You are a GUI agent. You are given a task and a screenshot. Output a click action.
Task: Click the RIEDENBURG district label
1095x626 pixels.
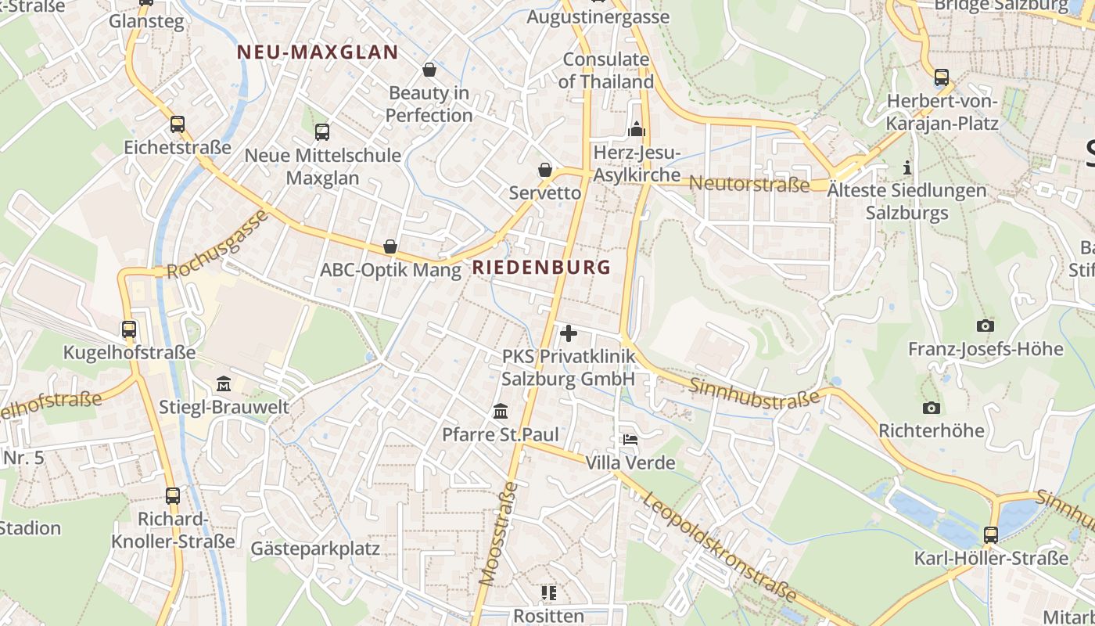tap(541, 267)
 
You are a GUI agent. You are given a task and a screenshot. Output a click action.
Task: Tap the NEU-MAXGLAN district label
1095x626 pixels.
tap(318, 52)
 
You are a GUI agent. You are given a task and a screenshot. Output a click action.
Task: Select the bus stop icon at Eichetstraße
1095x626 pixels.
tap(178, 124)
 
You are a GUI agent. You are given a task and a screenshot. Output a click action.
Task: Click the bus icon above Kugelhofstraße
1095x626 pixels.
tap(129, 329)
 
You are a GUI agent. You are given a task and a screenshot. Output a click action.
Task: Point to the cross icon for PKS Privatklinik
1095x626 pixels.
tap(569, 333)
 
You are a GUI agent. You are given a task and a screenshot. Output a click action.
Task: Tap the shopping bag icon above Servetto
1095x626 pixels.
tap(545, 170)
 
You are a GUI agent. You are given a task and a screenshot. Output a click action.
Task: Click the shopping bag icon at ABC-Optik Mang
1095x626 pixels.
tap(390, 247)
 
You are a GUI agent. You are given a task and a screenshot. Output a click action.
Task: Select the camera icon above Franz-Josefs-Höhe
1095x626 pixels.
tap(985, 326)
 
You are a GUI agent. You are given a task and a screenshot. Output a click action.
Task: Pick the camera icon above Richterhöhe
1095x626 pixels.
tap(931, 408)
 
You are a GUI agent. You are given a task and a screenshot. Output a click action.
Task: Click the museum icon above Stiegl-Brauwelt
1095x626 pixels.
tap(224, 384)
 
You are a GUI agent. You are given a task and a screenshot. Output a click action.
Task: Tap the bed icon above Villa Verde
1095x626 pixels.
tap(630, 440)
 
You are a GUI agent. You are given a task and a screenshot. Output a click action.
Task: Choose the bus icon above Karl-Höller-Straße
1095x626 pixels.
tap(991, 535)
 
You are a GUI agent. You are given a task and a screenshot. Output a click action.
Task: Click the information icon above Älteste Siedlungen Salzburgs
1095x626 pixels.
tap(907, 167)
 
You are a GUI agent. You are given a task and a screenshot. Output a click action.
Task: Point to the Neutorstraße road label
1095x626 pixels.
tap(750, 185)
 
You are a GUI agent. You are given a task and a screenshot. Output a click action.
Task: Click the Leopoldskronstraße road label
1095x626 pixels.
tap(720, 548)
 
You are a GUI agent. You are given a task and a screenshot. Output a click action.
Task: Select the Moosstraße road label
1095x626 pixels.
tap(499, 534)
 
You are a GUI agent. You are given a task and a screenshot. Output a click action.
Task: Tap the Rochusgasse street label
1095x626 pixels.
tap(217, 244)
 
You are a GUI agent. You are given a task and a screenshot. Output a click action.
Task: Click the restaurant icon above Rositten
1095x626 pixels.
tap(548, 593)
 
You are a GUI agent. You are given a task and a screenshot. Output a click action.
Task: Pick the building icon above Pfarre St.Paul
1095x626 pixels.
tap(501, 411)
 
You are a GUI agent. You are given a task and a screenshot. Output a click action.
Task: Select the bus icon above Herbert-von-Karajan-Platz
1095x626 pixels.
tap(942, 77)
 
